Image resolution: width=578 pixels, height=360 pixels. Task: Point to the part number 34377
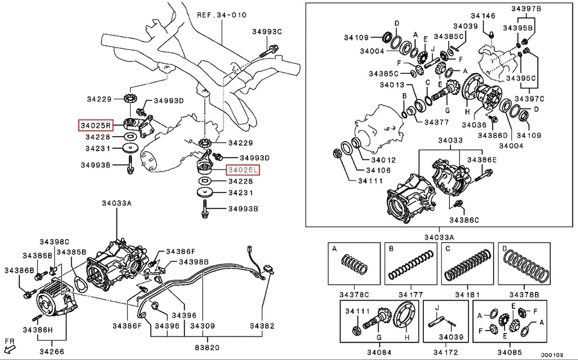tap(437, 122)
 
